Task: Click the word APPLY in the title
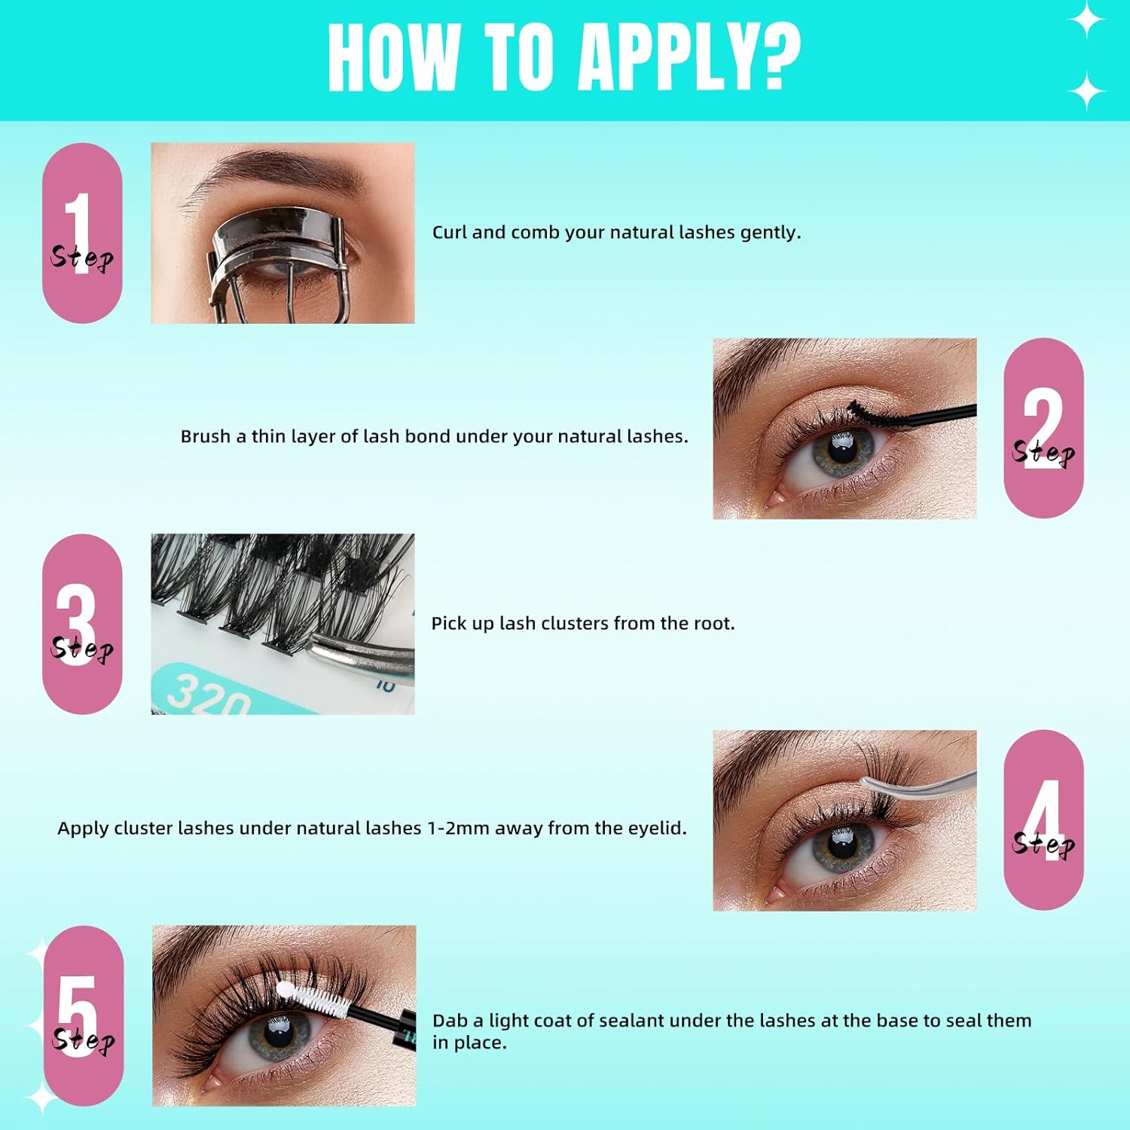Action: pos(663,59)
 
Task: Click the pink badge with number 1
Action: pos(82,234)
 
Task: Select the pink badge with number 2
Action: pos(1043,428)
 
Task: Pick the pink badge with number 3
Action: pos(82,624)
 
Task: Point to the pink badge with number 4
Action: pos(1043,820)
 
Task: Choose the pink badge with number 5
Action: pos(83,1015)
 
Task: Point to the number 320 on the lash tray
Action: pos(207,695)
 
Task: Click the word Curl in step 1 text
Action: pos(450,232)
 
